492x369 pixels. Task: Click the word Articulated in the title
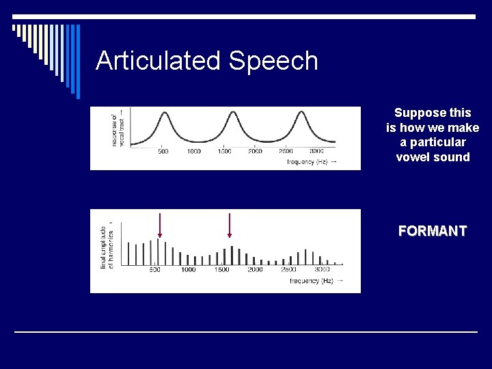[159, 61]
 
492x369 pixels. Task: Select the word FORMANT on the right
[433, 231]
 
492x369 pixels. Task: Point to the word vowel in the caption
[413, 157]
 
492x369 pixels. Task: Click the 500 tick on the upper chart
[163, 151]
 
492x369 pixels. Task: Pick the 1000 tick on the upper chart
[193, 151]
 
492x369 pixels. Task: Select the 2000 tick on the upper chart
[255, 151]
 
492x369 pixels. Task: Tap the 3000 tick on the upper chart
[316, 151]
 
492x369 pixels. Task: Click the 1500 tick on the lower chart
[221, 270]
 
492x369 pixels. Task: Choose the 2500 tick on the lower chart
[288, 270]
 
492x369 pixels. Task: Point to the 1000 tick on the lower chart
[188, 270]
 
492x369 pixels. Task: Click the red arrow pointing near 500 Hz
[159, 225]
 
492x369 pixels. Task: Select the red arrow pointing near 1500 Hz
[230, 225]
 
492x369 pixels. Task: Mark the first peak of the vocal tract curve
[163, 113]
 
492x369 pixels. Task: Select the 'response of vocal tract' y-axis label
[117, 130]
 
